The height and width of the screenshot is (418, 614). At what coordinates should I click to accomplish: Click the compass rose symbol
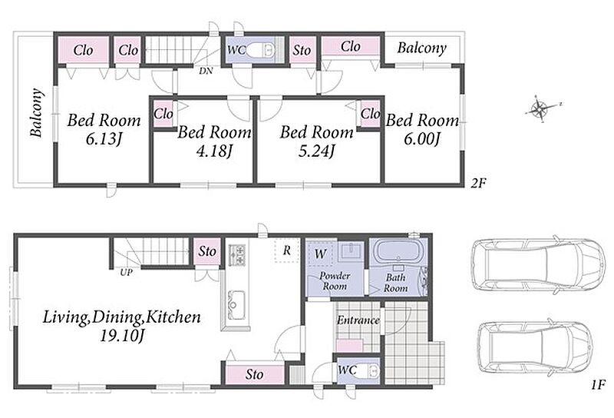pos(543,108)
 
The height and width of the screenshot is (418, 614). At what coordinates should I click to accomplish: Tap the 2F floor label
pos(478,182)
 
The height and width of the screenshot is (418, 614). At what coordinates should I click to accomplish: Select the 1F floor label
pos(599,384)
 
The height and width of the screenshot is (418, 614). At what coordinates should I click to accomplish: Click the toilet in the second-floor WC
pos(260,50)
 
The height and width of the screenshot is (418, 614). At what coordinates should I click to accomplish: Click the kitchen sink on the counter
pos(236,300)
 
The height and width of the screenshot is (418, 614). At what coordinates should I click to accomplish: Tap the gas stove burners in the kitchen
pos(236,254)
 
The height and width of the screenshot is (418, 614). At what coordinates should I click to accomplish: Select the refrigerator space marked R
pos(287,250)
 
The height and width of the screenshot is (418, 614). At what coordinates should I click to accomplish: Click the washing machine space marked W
pos(320,254)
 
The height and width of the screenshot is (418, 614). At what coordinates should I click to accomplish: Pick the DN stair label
pos(206,71)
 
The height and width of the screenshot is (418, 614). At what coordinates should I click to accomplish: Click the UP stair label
pos(126,272)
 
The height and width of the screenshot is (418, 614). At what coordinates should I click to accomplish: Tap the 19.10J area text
pos(122,336)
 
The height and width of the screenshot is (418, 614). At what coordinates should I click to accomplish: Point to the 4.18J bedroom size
pos(215,151)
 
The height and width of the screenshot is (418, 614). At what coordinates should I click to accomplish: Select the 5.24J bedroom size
pos(316,151)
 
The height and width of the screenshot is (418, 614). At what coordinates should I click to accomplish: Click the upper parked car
pos(537,265)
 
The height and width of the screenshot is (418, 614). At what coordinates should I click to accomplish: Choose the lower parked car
pos(535,348)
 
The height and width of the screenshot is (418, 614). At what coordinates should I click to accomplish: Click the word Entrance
pos(358,320)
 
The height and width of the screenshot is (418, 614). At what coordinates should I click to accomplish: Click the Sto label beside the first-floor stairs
pos(207,251)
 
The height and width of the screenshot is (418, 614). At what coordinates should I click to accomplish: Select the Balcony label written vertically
pos(36,113)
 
